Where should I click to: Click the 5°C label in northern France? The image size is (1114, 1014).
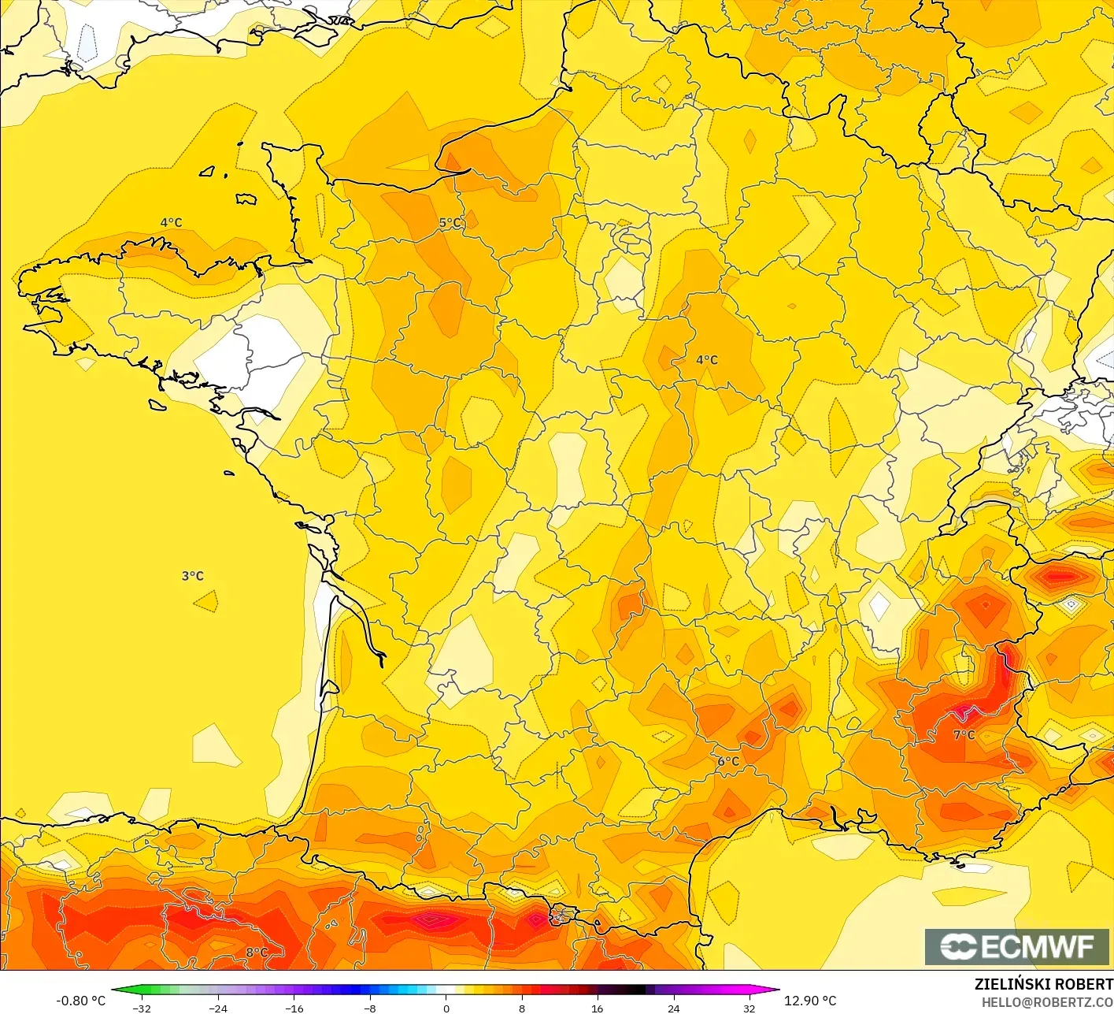(x=450, y=223)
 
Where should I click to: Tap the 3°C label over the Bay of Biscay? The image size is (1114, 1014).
(x=193, y=576)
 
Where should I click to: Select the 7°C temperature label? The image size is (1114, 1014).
(x=964, y=734)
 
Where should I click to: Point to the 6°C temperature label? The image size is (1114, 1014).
(x=728, y=761)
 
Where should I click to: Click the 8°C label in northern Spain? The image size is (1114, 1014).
(x=257, y=952)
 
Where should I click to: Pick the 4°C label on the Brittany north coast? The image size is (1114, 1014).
(x=171, y=222)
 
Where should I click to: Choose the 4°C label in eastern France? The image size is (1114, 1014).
(x=707, y=359)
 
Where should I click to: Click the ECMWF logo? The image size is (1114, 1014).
(x=1017, y=946)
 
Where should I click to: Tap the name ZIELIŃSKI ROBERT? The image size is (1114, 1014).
(x=1043, y=984)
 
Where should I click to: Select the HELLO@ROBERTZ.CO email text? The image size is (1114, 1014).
(x=1047, y=1002)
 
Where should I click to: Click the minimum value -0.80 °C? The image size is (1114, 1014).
(x=80, y=1001)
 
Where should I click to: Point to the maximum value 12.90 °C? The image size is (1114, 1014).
(x=810, y=1001)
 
